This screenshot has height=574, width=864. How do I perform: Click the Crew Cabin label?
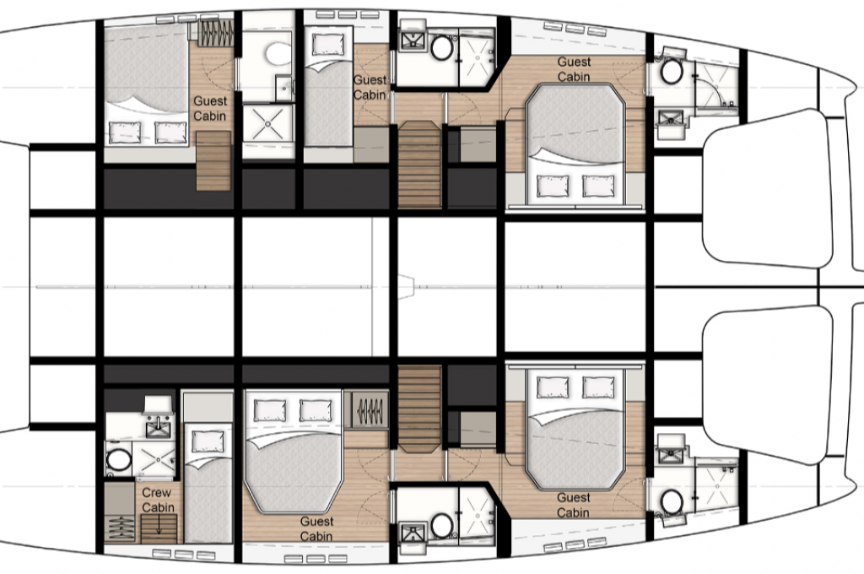click(x=158, y=500)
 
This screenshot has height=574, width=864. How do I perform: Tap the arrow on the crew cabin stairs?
click(x=159, y=527)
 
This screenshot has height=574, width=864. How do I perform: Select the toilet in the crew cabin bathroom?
click(x=118, y=458)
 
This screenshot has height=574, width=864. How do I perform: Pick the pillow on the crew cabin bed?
click(x=208, y=441)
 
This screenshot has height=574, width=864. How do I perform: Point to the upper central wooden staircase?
click(x=420, y=165)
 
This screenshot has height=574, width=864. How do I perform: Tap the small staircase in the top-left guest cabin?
click(x=213, y=161)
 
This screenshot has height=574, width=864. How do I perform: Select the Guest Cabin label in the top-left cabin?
click(x=209, y=109)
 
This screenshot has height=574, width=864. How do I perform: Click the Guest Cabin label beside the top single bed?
click(x=370, y=88)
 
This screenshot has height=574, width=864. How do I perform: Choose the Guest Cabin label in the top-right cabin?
click(x=574, y=69)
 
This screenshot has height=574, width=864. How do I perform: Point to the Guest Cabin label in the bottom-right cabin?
click(x=573, y=505)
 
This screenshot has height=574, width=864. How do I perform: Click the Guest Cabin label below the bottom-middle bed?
click(x=316, y=528)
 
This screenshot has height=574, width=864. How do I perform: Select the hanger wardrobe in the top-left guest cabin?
click(x=215, y=33)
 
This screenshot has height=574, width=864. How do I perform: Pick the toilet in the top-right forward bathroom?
click(x=672, y=72)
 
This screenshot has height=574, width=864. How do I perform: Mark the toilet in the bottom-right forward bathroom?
click(x=672, y=501)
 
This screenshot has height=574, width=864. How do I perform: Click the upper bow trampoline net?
click(x=767, y=188)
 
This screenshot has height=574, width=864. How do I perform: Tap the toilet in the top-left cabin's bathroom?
click(x=277, y=53)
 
